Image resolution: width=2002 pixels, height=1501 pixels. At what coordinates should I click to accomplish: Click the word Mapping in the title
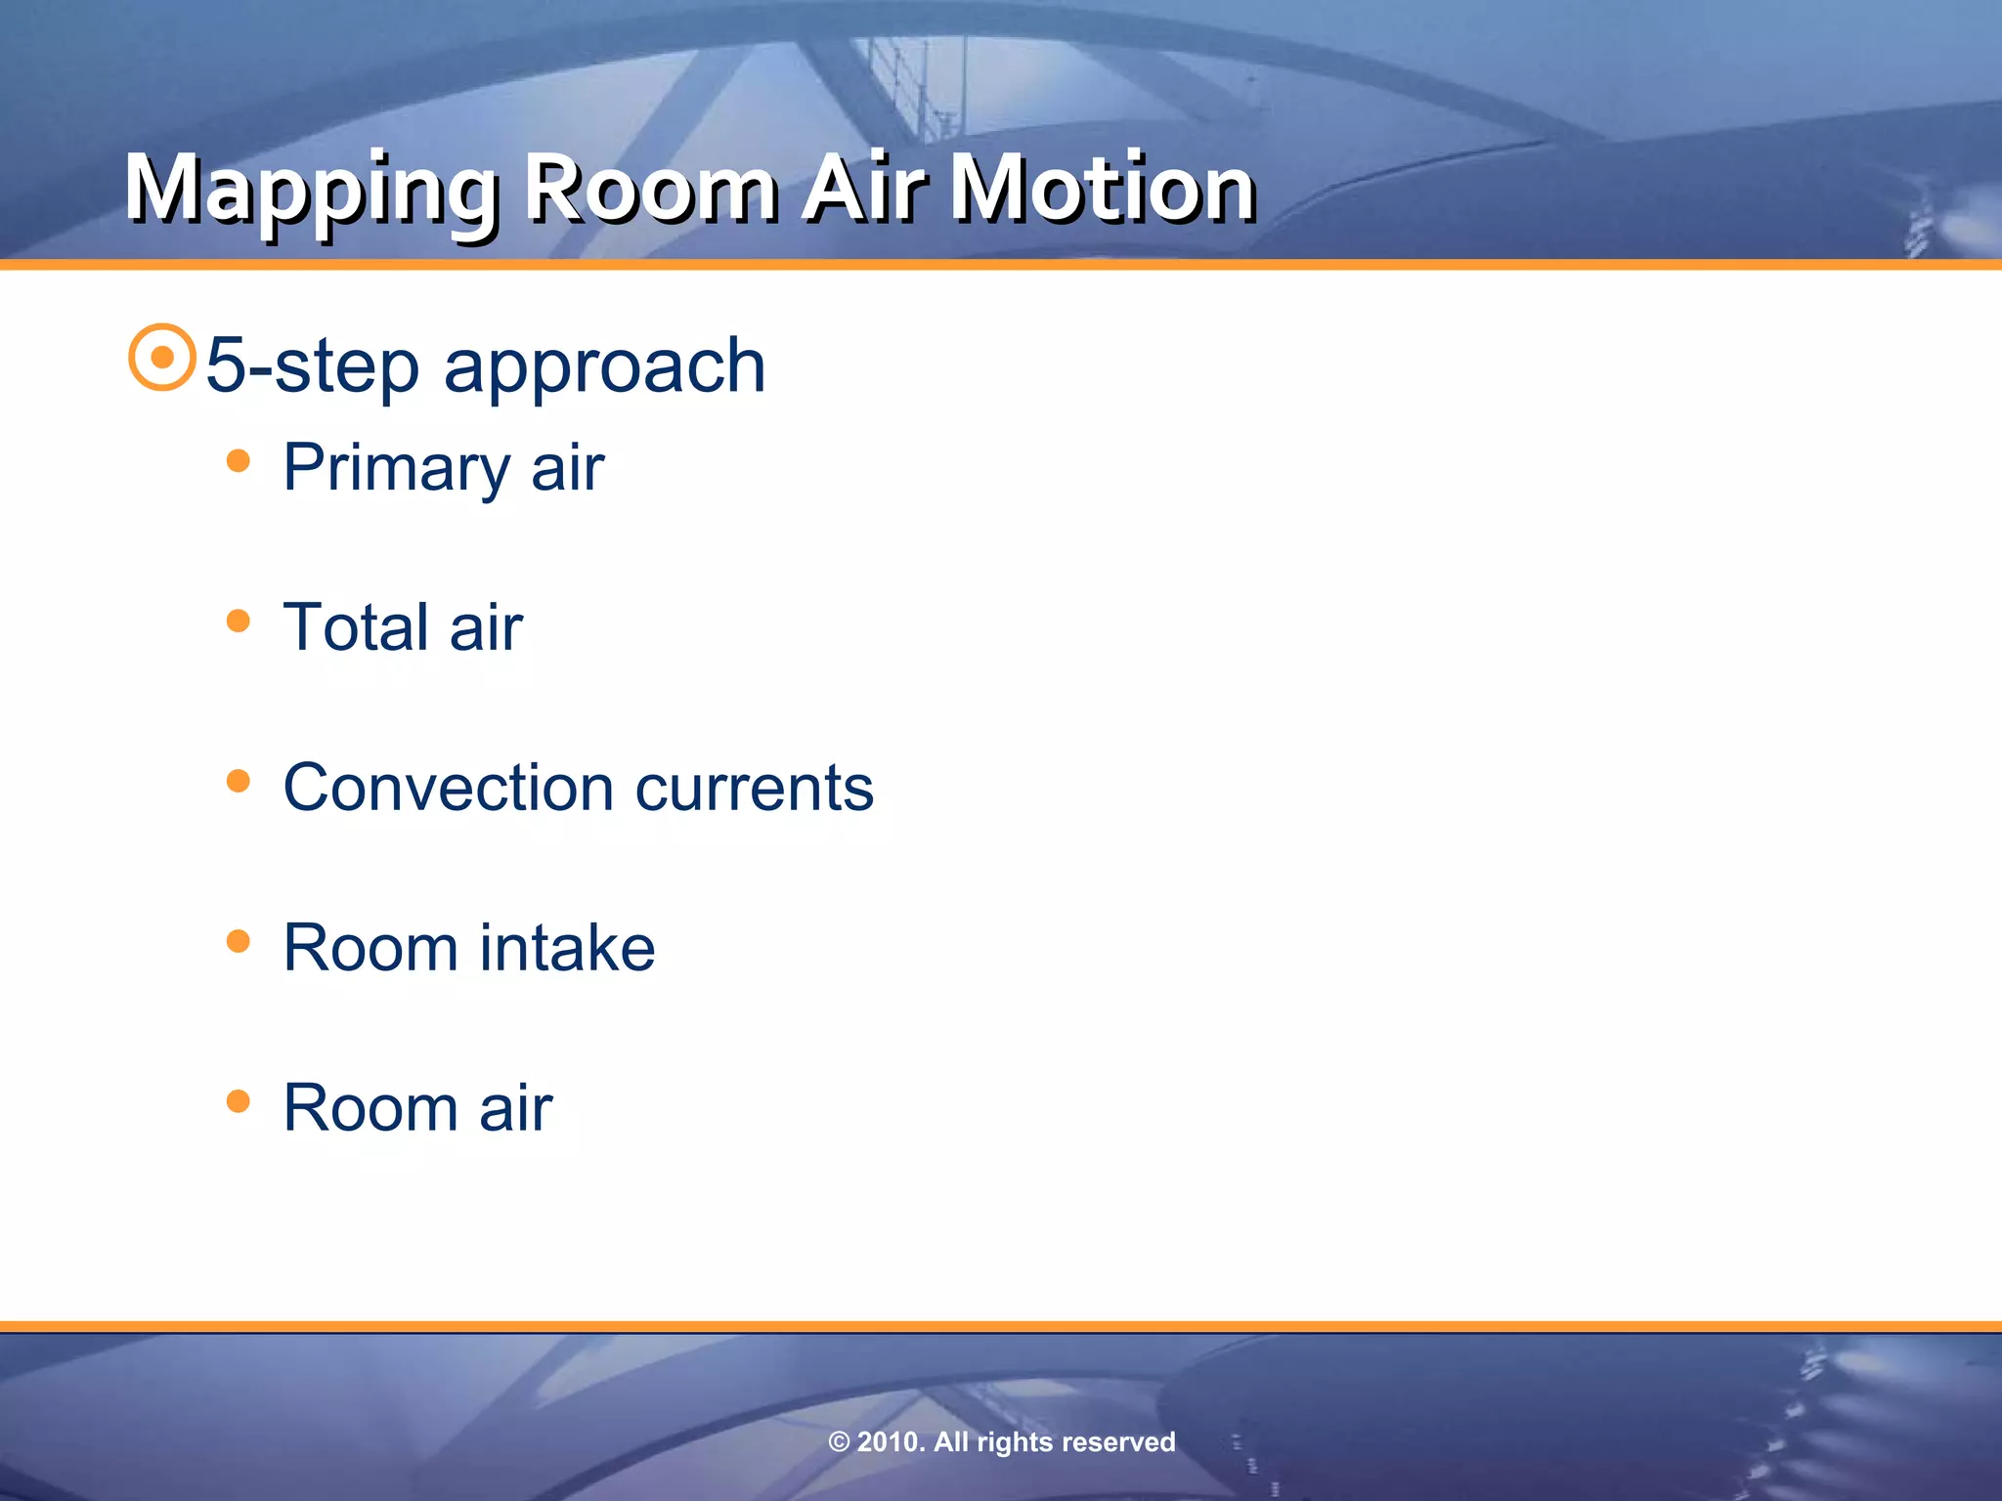[311, 191]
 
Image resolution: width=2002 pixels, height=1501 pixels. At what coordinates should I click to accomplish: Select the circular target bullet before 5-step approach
[162, 358]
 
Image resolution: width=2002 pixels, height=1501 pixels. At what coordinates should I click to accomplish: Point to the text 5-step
[312, 365]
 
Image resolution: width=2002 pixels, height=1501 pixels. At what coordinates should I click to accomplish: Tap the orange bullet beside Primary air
[238, 460]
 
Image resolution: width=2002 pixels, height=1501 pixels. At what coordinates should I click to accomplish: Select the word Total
[356, 627]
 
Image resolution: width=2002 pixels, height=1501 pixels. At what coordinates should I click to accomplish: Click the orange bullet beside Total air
[238, 621]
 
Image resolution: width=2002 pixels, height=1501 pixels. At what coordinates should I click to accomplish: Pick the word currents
[754, 788]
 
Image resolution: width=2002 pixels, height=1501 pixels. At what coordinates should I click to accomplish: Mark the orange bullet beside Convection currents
[238, 781]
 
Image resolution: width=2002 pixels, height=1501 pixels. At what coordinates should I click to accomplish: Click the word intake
[567, 948]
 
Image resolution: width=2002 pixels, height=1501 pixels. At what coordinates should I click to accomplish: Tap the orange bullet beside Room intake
[238, 941]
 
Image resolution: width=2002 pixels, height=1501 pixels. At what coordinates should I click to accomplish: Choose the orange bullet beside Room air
[238, 1101]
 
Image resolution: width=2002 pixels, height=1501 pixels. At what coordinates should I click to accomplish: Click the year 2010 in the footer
[889, 1442]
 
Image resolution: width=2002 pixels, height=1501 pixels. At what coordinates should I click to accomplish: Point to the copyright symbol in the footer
[839, 1442]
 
